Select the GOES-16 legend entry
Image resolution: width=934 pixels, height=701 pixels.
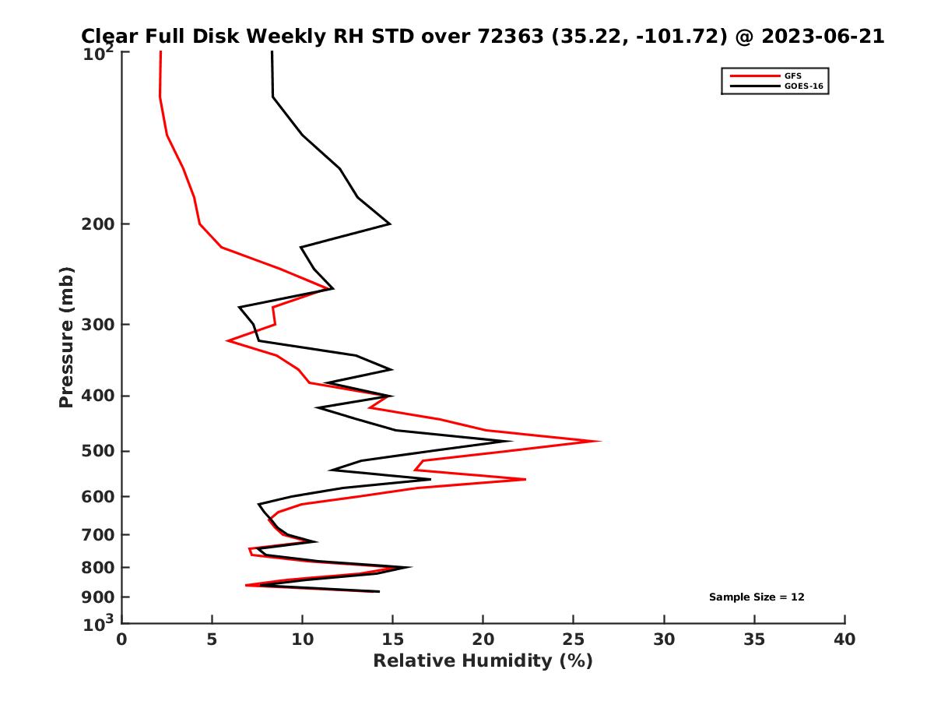pos(802,86)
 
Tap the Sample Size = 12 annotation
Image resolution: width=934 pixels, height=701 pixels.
pos(757,597)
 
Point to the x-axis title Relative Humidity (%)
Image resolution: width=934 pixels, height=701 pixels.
pos(483,661)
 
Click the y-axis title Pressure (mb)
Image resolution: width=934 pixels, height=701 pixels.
pos(66,336)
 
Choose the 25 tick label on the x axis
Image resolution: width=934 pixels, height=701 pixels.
pos(574,640)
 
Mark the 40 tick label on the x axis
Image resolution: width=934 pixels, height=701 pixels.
pos(844,640)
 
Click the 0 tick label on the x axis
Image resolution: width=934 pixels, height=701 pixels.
pos(122,640)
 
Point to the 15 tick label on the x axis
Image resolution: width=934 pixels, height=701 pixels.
pos(393,640)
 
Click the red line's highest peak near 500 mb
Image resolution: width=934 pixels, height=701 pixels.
pos(600,441)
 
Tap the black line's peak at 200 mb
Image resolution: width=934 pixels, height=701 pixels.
pos(389,224)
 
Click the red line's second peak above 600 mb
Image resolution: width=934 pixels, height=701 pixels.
pos(525,479)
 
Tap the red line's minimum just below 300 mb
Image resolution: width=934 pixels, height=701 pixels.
pos(227,340)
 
